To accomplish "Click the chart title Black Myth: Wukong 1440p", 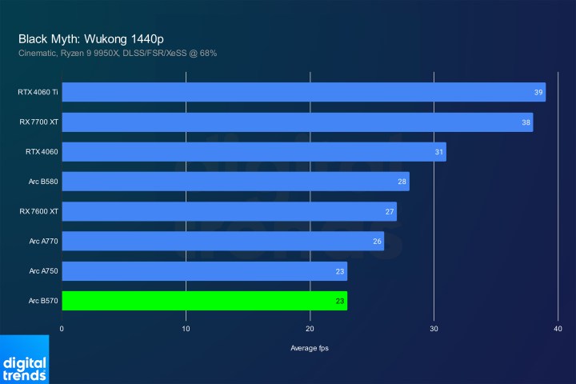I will (x=92, y=38).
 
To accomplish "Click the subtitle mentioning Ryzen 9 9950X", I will (x=118, y=53).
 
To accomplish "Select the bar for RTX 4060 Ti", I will (x=303, y=92).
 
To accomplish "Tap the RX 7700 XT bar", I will (x=297, y=122).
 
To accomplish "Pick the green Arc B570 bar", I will (x=204, y=301).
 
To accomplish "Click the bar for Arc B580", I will (x=235, y=182).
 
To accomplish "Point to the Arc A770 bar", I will (x=222, y=241).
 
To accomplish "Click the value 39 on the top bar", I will (x=538, y=92).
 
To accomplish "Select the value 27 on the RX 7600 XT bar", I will (x=390, y=211).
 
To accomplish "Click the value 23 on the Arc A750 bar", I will (x=340, y=271).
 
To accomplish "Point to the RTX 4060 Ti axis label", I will (x=38, y=92).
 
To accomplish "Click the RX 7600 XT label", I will (x=38, y=211).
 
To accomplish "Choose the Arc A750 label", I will (x=44, y=271).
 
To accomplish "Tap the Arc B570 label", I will (x=44, y=301).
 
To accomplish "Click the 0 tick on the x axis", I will (x=62, y=328).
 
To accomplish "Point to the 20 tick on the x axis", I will (x=310, y=328).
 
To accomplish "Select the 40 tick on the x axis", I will (x=558, y=328).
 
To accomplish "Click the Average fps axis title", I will (x=310, y=348).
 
